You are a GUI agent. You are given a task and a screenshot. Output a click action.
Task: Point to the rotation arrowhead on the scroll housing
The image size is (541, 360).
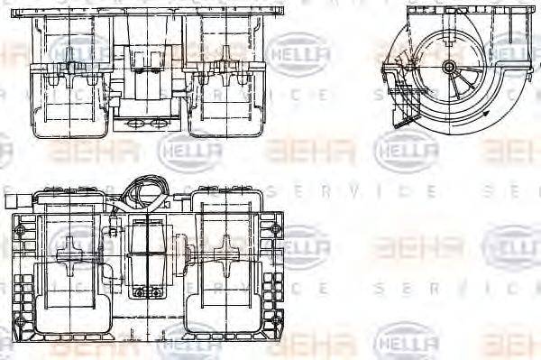click(x=488, y=116)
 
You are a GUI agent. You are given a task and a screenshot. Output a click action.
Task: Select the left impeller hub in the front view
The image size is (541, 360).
click(x=69, y=65)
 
